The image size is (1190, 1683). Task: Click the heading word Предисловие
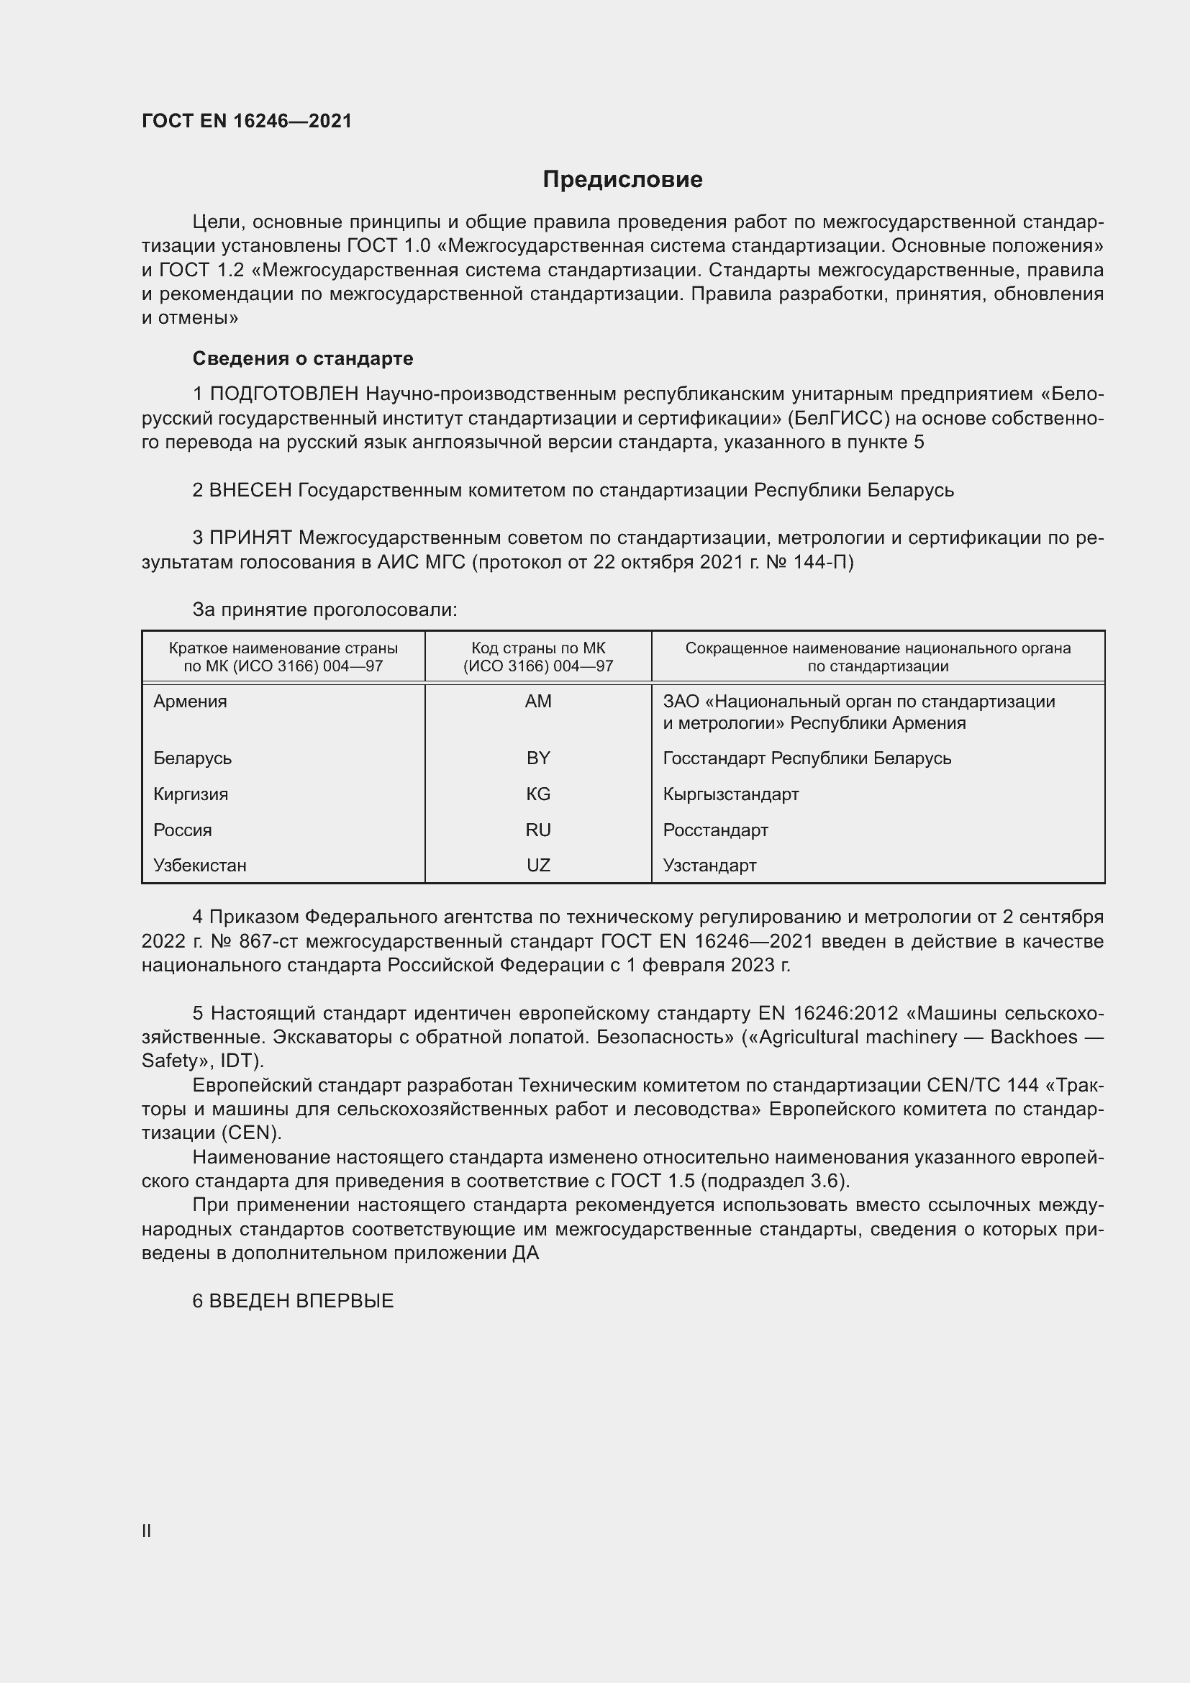[x=622, y=180]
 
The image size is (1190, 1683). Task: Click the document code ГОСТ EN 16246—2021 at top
[x=247, y=121]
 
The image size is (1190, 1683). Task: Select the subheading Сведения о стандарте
[x=303, y=358]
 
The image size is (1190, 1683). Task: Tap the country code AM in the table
[x=538, y=702]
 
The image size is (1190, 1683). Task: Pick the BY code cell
[x=538, y=758]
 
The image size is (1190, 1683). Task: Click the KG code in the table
[x=538, y=794]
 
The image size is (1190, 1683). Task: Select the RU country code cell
[x=538, y=830]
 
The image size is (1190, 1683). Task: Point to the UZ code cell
[x=538, y=865]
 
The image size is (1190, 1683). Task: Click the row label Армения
[x=191, y=702]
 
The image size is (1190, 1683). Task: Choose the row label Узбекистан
[x=200, y=865]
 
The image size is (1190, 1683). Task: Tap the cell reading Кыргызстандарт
[x=730, y=794]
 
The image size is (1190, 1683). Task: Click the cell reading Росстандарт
[x=715, y=830]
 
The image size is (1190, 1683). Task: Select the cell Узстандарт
[x=709, y=865]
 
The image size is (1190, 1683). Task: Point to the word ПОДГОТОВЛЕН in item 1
[x=284, y=394]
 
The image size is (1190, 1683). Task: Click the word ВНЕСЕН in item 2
[x=250, y=490]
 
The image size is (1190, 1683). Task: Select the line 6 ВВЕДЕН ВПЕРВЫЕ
[x=293, y=1301]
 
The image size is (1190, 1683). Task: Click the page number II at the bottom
[x=147, y=1530]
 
